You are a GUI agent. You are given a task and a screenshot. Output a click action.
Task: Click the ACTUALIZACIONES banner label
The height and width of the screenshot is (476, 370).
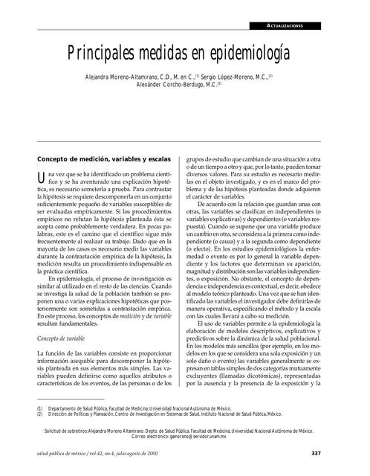click(296, 26)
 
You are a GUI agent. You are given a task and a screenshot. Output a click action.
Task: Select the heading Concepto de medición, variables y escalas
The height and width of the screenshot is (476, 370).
click(104, 158)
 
